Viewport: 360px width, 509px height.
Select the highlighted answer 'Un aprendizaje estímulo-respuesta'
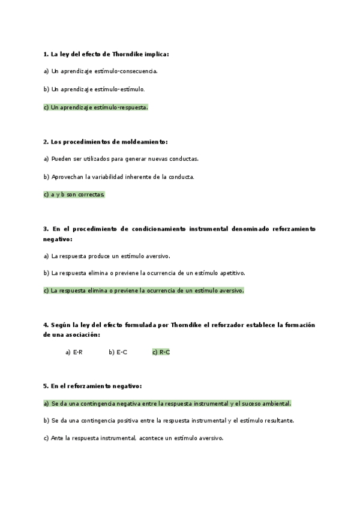coord(95,107)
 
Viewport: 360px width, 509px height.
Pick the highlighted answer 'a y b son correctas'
coord(74,194)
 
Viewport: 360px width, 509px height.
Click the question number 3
coord(46,229)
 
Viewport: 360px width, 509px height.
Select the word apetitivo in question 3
coord(230,273)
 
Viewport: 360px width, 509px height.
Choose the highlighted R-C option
coord(161,352)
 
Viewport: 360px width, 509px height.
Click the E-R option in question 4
coord(74,352)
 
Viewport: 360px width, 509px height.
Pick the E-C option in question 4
coord(118,352)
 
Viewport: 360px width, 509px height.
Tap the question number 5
coord(46,386)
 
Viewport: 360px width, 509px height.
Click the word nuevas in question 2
coord(152,159)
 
